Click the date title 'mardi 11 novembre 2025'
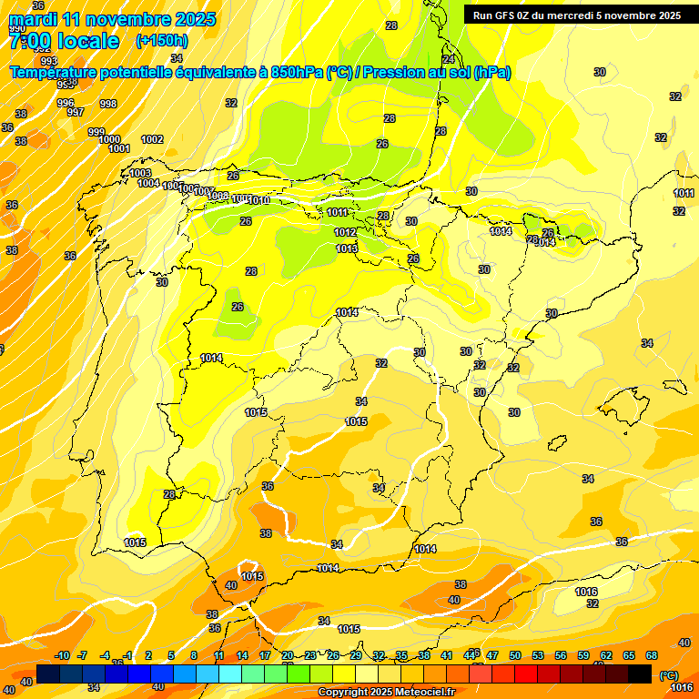point(113,19)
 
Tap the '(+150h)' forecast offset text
point(161,41)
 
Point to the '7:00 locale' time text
point(64,41)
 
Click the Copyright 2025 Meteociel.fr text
point(386,693)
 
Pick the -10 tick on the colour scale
point(62,656)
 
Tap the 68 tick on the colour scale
point(652,656)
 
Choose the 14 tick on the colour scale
point(242,656)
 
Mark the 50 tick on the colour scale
point(515,656)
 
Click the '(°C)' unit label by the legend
point(669,675)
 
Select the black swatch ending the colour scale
point(640,674)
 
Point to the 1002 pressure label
point(152,139)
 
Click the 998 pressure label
point(107,104)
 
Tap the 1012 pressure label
point(345,232)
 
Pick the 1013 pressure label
point(346,248)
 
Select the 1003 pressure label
point(140,173)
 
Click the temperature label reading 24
point(448,59)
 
